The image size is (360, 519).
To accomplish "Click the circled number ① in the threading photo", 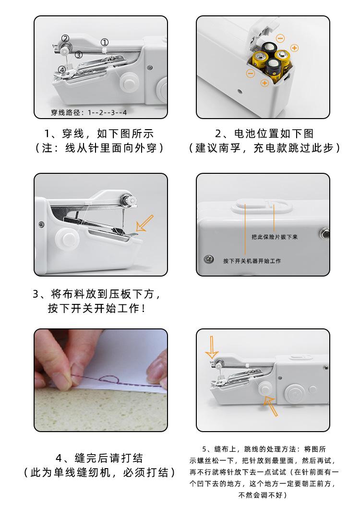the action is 104,42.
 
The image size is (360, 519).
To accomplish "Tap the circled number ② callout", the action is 65,38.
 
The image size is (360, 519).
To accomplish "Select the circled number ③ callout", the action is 78,55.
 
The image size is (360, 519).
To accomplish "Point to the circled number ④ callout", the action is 62,70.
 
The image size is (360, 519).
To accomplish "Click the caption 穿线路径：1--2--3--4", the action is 89,112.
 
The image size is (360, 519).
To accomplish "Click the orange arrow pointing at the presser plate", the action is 144,223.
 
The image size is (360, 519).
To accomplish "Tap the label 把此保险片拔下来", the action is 274,237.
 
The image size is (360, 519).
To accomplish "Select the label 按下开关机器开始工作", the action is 252,261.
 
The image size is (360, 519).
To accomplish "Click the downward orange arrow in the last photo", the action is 212,347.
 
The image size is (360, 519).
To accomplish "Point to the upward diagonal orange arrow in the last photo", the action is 271,406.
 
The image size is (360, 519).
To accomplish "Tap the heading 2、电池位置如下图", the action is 264,133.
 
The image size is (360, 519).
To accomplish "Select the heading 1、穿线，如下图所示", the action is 99,134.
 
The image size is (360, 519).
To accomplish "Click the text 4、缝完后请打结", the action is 99,458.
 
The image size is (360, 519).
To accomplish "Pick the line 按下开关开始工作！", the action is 96,309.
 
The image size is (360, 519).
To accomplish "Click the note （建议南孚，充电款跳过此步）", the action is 264,148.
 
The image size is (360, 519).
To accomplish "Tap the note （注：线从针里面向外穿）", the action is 99,148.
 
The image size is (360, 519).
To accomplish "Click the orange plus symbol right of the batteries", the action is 294,48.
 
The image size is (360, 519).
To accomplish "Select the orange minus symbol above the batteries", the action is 280,38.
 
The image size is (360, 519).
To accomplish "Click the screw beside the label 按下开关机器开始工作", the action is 208,259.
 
